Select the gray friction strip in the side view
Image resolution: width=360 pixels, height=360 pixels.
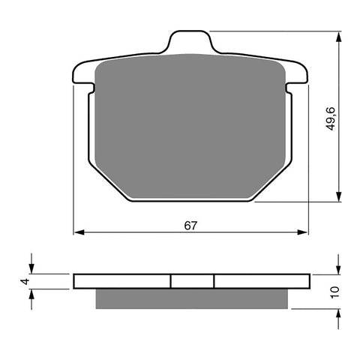tap(191, 298)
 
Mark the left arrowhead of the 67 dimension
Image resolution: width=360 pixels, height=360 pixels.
tap(79, 232)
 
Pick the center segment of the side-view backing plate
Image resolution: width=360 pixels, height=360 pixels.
tap(193, 280)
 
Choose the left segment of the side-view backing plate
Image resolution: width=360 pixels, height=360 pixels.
tap(123, 280)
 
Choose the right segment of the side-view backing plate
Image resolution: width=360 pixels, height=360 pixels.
tap(261, 280)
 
